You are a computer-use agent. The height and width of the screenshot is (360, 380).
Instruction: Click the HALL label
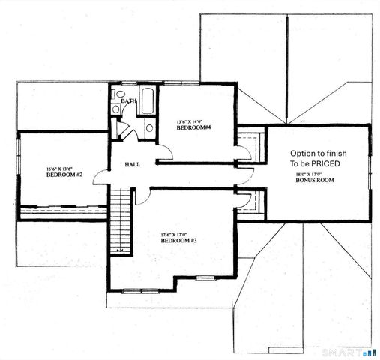[132, 165]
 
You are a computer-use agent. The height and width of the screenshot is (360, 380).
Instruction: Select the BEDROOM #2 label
[64, 175]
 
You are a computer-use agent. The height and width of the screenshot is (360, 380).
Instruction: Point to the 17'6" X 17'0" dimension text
[176, 234]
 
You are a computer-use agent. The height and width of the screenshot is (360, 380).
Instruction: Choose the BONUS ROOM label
[314, 181]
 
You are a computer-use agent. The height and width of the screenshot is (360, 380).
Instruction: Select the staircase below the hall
[120, 220]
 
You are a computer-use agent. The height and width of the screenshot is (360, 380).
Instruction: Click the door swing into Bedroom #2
[101, 178]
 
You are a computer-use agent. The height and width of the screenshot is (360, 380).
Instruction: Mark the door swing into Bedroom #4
[165, 151]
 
